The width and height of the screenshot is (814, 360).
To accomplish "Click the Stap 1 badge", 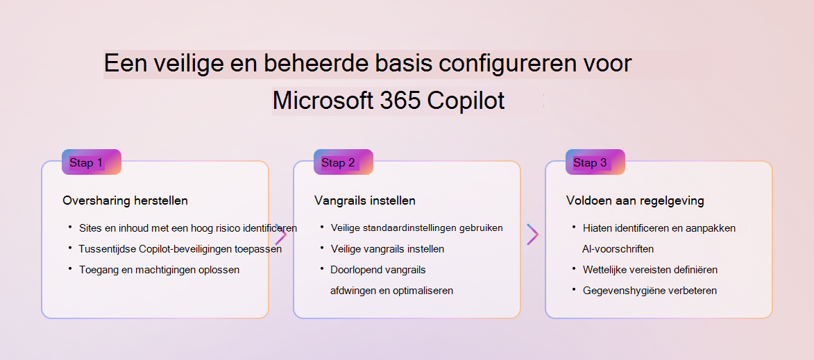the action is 92,162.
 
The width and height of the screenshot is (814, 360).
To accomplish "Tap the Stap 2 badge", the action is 343,162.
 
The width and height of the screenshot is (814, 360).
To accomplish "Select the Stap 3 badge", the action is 595,162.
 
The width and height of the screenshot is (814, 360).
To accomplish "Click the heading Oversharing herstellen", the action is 125,200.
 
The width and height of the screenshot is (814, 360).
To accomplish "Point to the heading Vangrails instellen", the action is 365,200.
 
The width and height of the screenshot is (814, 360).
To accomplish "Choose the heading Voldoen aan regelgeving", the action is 635,200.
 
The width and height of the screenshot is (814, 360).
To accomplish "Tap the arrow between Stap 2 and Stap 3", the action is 533,234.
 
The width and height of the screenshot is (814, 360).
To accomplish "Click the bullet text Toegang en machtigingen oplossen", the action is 160,270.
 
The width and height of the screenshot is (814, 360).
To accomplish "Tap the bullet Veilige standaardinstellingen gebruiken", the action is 417,228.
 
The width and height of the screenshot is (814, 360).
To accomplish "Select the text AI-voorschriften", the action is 618,249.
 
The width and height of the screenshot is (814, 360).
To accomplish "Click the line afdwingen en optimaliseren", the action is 392,291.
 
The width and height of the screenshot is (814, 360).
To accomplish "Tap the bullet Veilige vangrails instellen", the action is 387,249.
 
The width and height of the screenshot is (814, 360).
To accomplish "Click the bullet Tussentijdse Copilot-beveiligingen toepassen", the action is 180,249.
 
